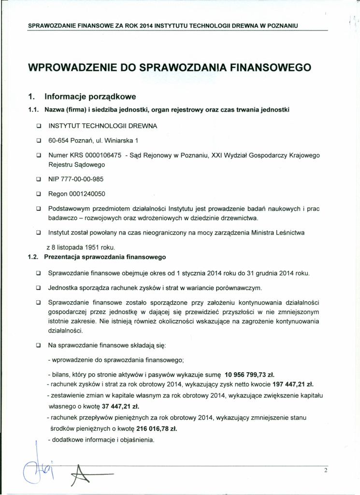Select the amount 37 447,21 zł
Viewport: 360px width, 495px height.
(x=117, y=406)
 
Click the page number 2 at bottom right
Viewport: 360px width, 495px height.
(x=326, y=470)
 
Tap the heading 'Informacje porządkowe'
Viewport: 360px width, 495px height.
(x=90, y=96)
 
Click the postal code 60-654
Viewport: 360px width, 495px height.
(x=58, y=141)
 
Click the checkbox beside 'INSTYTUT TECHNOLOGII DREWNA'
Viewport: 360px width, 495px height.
(x=37, y=126)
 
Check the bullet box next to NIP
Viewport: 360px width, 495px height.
(x=37, y=179)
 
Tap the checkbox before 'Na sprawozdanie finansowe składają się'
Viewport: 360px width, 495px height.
(x=37, y=346)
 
